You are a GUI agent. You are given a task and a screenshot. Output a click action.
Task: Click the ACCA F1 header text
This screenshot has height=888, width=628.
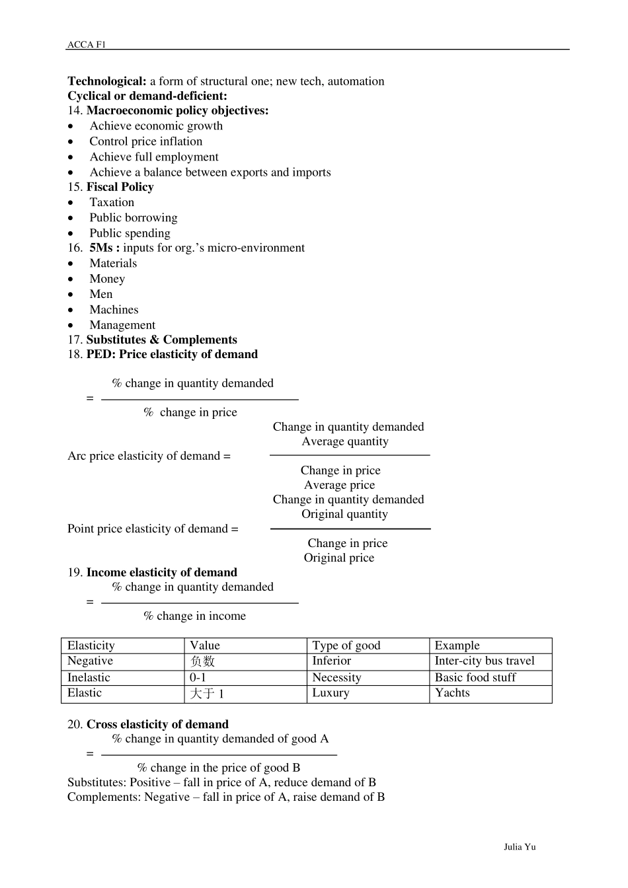[x=86, y=44]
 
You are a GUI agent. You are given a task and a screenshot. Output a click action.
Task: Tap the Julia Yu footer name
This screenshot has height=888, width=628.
[x=520, y=846]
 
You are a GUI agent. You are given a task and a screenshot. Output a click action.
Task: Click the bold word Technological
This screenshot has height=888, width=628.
[x=107, y=81]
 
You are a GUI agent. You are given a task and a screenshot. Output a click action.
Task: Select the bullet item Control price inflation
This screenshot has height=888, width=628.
[x=146, y=141]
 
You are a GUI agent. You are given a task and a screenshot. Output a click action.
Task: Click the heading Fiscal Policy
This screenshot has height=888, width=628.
[x=120, y=187]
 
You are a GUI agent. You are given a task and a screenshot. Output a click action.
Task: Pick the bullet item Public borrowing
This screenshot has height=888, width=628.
[x=134, y=217]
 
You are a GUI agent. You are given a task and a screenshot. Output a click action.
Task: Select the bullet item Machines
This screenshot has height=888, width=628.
[x=114, y=309]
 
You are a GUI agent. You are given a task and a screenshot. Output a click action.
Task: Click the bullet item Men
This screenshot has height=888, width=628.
[x=101, y=294]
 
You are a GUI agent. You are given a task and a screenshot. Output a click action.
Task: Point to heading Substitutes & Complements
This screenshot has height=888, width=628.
[x=161, y=340]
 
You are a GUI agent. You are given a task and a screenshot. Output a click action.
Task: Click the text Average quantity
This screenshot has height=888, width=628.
[x=345, y=441]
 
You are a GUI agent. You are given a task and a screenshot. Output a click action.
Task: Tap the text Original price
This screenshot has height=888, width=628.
[x=339, y=558]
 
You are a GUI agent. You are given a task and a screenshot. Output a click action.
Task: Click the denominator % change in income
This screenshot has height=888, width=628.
[x=194, y=616]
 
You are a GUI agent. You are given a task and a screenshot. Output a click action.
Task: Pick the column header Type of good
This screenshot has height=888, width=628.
[x=346, y=646]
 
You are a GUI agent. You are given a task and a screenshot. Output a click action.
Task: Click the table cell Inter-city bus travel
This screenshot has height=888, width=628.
[x=485, y=661]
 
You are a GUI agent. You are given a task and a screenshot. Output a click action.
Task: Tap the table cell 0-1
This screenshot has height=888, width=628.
[x=198, y=677]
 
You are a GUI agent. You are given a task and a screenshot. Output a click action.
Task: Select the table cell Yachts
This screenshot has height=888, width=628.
[x=452, y=692]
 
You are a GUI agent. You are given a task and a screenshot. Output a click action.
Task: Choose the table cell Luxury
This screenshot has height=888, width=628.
[x=331, y=692]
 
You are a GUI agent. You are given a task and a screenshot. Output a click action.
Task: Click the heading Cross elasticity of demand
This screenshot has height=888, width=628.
[x=157, y=724]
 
